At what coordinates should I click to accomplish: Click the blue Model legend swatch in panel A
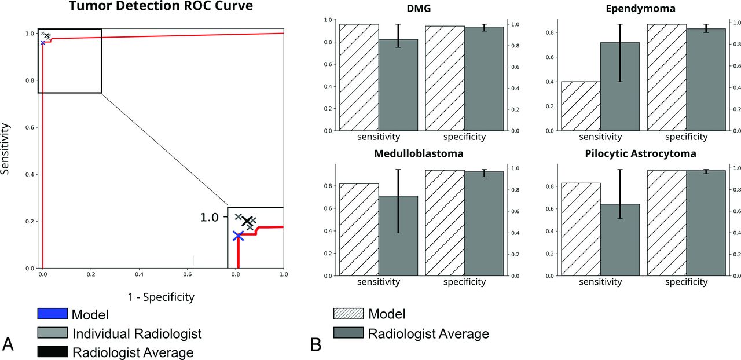click(52, 314)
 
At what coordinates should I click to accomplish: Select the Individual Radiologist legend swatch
click(52, 333)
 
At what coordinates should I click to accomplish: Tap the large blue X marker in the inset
click(238, 236)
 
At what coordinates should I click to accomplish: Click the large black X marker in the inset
click(248, 221)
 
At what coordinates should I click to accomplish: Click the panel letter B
click(316, 345)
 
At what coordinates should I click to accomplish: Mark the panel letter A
click(8, 345)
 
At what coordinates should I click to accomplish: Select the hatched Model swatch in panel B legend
click(349, 314)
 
